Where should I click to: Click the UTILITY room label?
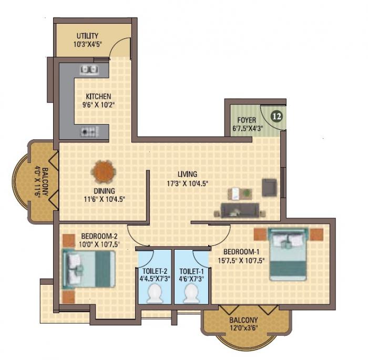[x=87, y=36]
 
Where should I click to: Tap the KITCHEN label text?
[x=99, y=96]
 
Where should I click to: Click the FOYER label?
[x=246, y=120]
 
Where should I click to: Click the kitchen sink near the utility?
[x=88, y=69]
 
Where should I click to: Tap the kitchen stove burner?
[x=87, y=131]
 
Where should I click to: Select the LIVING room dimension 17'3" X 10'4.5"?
[x=187, y=183]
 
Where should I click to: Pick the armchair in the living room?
[x=270, y=188]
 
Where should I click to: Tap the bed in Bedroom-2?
[x=89, y=268]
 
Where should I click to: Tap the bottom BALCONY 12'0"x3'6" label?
[x=243, y=324]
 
